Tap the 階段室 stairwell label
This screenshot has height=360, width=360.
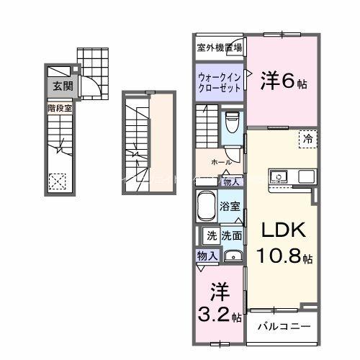pos(60,107)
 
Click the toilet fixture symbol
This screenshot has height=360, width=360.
pos(232,124)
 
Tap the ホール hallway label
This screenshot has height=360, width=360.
pos(221,162)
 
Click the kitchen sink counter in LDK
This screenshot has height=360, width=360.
pos(292,176)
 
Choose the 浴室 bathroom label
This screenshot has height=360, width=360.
pos(230,205)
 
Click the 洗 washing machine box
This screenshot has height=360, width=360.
pos(211,235)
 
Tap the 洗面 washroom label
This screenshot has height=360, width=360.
pos(231,235)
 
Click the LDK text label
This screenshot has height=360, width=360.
pos(283,230)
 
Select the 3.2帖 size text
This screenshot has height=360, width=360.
pos(218,314)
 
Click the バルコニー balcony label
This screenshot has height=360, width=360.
pos(284,326)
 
